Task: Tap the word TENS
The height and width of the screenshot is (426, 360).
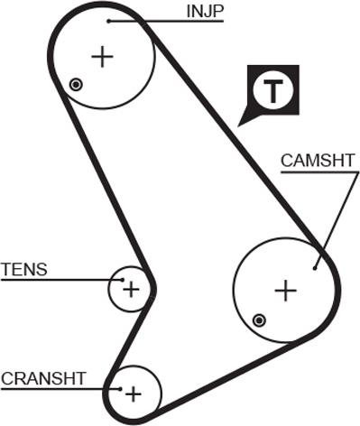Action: pyautogui.click(x=23, y=269)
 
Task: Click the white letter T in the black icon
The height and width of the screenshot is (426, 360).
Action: pyautogui.click(x=272, y=90)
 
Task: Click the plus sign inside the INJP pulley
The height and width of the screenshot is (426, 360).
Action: pyautogui.click(x=103, y=57)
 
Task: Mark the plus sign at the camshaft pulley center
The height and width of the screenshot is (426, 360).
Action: pyautogui.click(x=285, y=290)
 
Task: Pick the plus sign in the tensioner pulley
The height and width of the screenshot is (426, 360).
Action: pyautogui.click(x=132, y=289)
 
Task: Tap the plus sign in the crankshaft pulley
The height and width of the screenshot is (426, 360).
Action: pyautogui.click(x=134, y=394)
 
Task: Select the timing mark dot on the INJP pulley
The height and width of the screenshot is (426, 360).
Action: pyautogui.click(x=77, y=85)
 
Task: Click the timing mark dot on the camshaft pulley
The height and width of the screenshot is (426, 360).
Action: pyautogui.click(x=260, y=319)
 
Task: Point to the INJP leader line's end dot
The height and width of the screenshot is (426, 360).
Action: pyautogui.click(x=108, y=20)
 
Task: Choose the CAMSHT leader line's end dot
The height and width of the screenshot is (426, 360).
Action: pyautogui.click(x=315, y=266)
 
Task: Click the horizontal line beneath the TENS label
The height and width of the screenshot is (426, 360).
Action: pyautogui.click(x=54, y=280)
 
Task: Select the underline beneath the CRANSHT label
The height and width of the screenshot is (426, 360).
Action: pyautogui.click(x=54, y=388)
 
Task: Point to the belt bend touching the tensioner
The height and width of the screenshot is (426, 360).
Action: pyautogui.click(x=152, y=289)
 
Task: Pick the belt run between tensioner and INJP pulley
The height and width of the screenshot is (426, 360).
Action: pyautogui.click(x=99, y=181)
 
